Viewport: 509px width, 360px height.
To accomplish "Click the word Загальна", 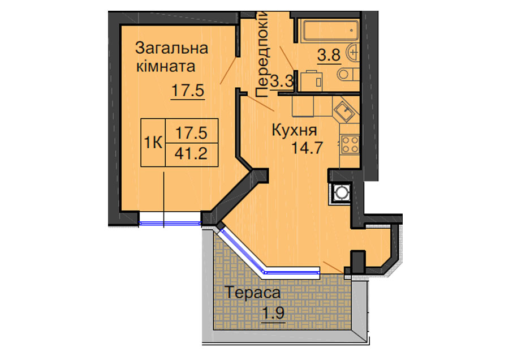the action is click(x=171, y=49).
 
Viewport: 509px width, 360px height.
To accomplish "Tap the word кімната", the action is click(x=166, y=67).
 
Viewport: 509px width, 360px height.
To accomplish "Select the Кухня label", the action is click(x=294, y=130).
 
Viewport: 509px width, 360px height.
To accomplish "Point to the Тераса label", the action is click(x=252, y=293).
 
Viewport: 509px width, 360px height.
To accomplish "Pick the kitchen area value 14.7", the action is click(x=307, y=148).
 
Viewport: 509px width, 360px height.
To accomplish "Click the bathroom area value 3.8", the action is click(x=329, y=55).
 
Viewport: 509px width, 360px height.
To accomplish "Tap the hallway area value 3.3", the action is click(x=282, y=81).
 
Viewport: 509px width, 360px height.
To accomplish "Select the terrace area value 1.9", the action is click(x=273, y=314).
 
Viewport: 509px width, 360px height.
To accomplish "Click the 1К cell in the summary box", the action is click(x=153, y=142).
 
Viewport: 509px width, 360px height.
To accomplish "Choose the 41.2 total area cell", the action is click(x=192, y=155).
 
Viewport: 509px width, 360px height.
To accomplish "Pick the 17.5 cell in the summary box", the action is click(x=192, y=131).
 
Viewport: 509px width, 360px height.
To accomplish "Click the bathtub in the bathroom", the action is click(x=330, y=31).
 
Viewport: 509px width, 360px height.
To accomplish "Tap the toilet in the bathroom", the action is click(x=348, y=74).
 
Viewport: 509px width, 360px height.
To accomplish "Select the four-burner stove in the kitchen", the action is click(x=350, y=144).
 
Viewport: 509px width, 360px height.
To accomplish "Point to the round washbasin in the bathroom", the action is click(x=352, y=52).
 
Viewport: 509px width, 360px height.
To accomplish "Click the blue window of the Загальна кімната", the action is click(x=170, y=223).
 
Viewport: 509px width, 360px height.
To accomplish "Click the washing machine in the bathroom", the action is click(x=312, y=81).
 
